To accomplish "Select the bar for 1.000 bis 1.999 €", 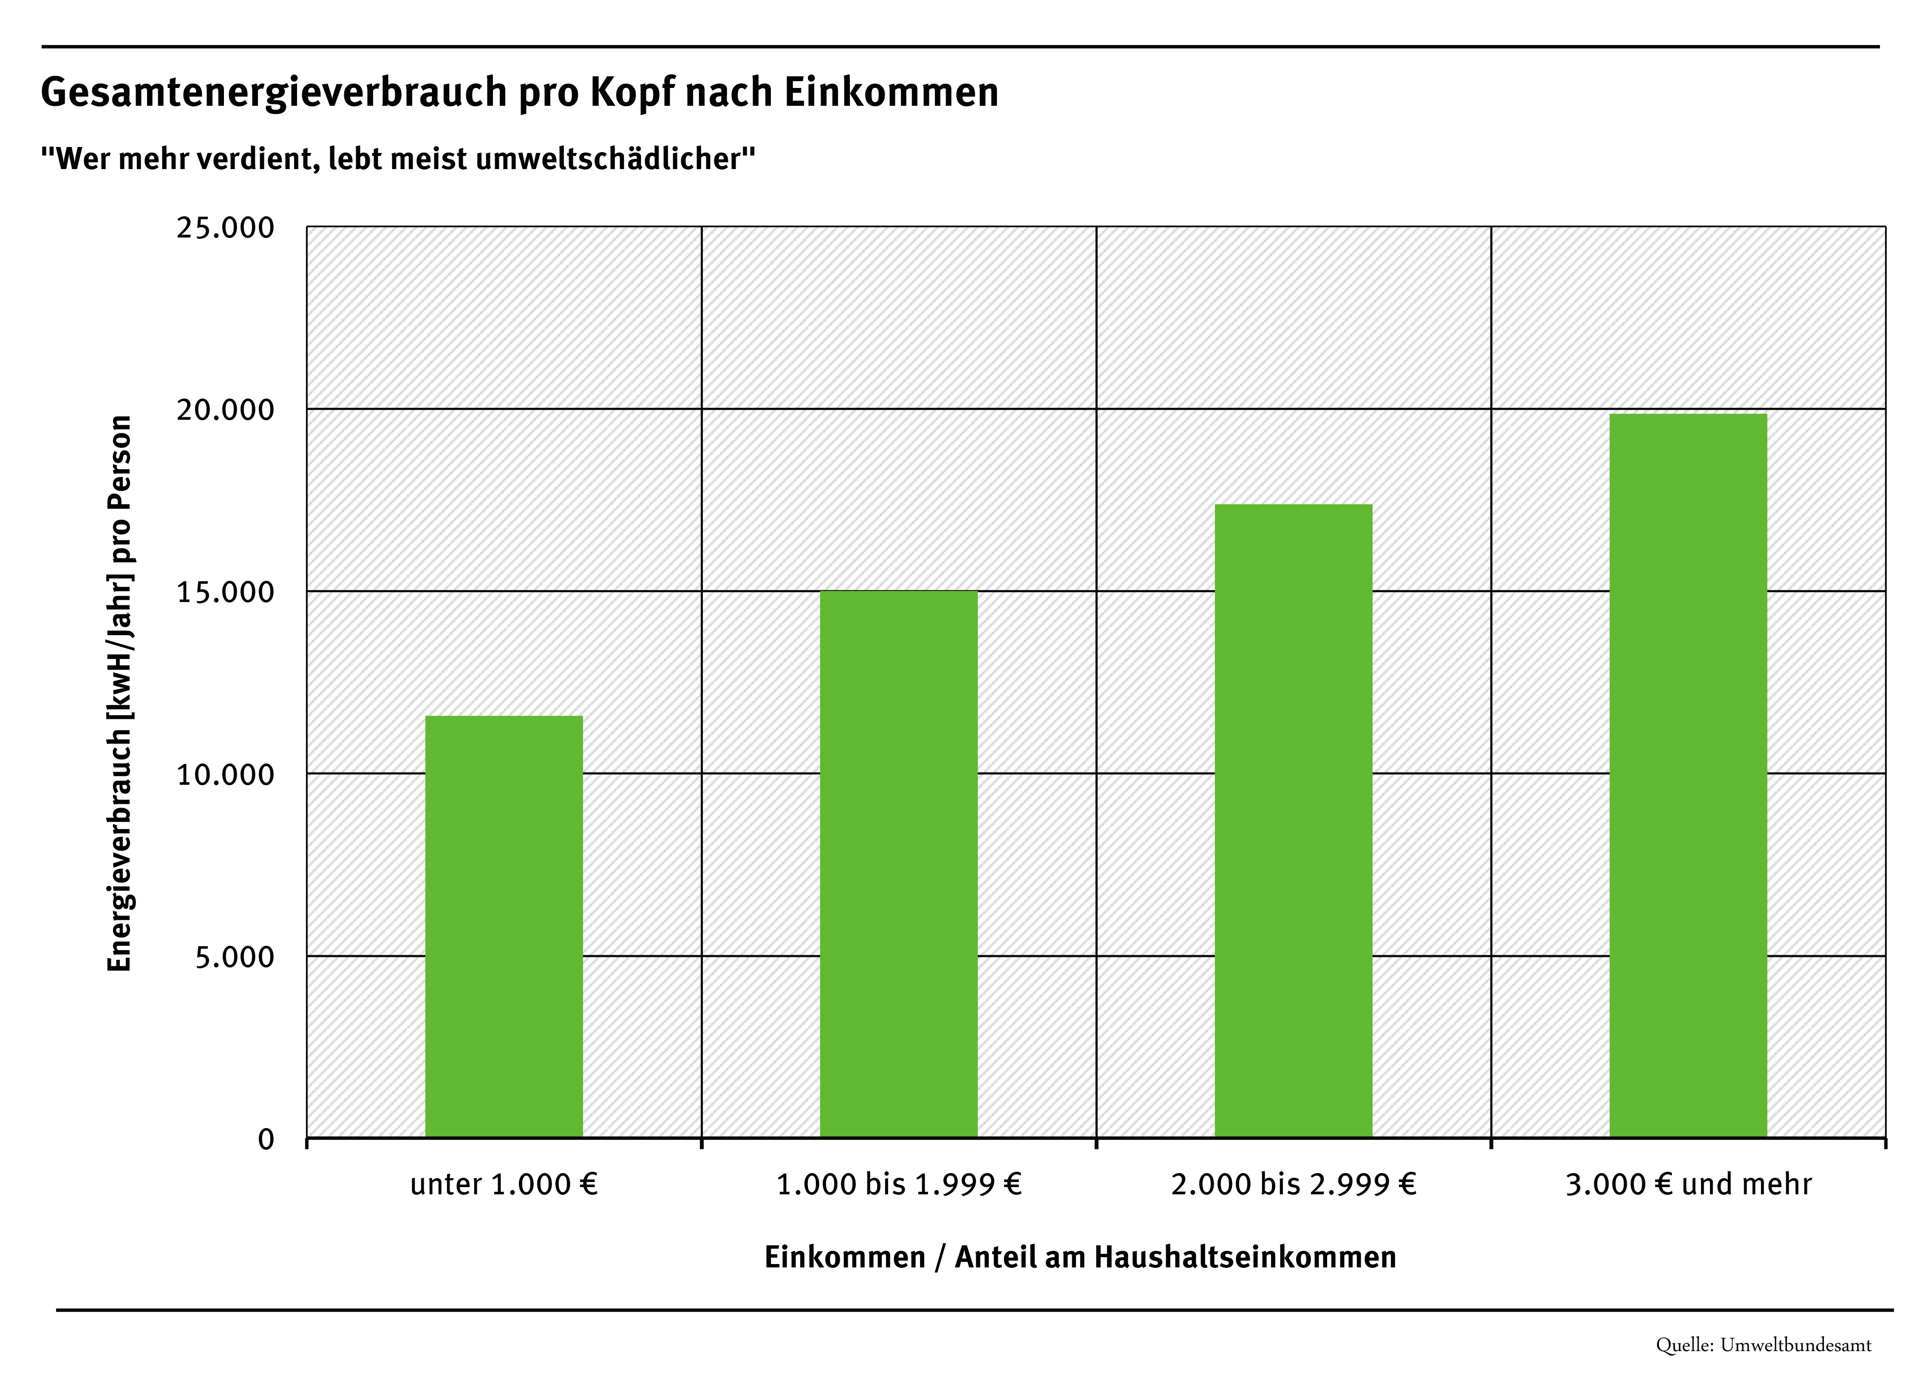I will (898, 864).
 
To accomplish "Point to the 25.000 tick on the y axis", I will (226, 228).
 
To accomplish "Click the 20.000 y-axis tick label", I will (226, 410).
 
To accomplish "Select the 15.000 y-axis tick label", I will (226, 593).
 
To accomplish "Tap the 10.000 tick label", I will (226, 775).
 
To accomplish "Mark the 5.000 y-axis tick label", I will (235, 957).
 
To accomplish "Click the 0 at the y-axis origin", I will (266, 1139).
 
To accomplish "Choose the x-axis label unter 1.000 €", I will (504, 1184).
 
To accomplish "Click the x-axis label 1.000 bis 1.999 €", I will (898, 1184).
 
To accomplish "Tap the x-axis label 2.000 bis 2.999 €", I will (1293, 1184).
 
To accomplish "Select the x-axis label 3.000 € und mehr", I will (1688, 1184).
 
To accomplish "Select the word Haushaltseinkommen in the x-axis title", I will (1245, 1257).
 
